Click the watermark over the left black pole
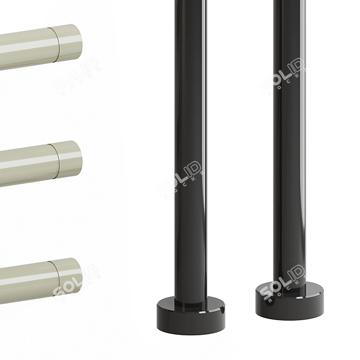coord(180,177)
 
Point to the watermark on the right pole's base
coord(282,285)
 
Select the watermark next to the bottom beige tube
coord(75,279)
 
